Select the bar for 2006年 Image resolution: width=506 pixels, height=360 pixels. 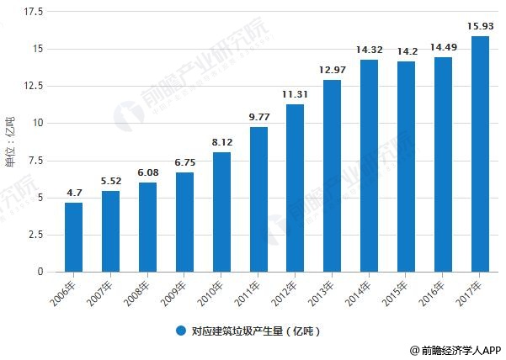coord(74,237)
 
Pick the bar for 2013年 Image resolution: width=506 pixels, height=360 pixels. coord(333,176)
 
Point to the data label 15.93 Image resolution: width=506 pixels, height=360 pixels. coord(480,27)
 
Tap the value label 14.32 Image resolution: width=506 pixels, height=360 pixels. coord(369,50)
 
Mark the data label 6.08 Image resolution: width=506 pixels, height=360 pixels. coord(147,172)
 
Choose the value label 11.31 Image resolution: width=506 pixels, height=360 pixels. coord(296,95)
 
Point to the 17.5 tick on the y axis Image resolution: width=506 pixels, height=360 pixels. coord(35,13)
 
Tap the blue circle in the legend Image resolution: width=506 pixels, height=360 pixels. coord(180,331)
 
